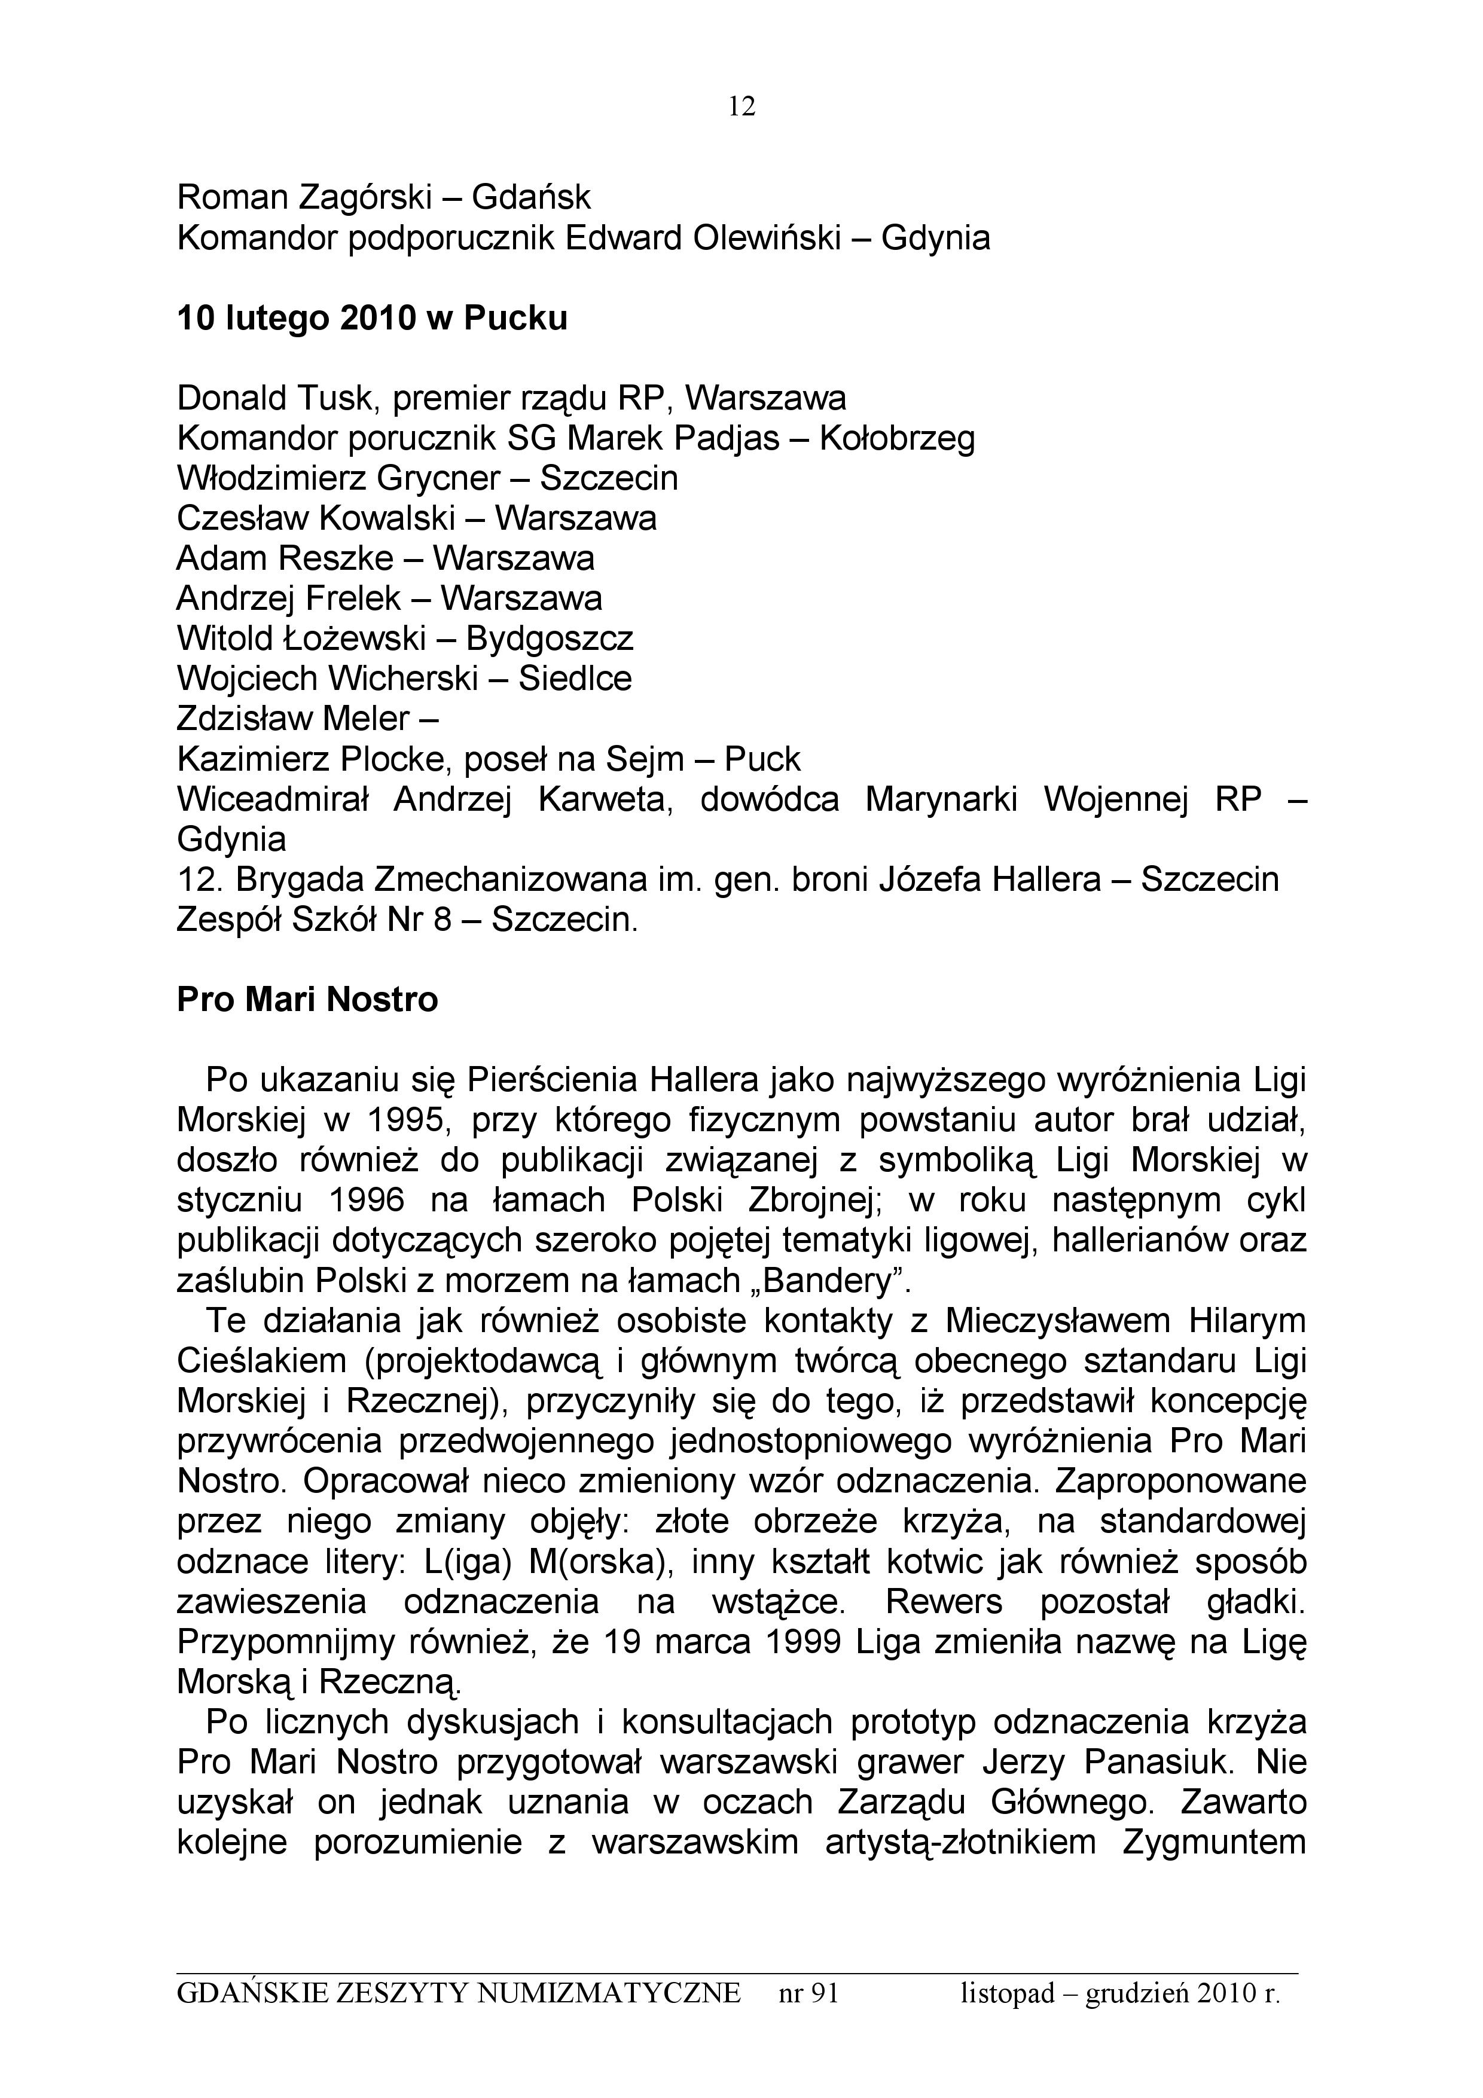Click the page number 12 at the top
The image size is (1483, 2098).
click(741, 108)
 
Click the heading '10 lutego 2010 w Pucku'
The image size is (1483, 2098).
click(372, 318)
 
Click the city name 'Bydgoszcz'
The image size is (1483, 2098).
click(549, 639)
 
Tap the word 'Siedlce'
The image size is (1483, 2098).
click(575, 679)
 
